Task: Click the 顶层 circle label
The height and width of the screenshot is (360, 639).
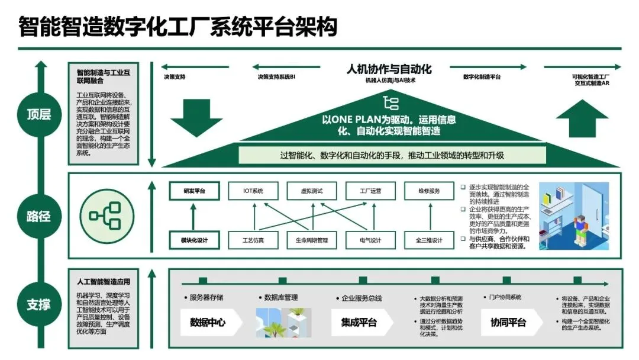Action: click(38, 114)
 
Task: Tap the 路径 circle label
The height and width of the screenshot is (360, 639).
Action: click(38, 216)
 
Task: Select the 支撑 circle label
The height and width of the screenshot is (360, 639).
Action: click(38, 305)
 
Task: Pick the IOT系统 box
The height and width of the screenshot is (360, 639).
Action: click(253, 191)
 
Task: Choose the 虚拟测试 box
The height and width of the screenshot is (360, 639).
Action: click(311, 191)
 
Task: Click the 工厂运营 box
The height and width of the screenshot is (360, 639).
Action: click(370, 191)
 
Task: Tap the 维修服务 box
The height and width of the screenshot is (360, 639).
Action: click(430, 191)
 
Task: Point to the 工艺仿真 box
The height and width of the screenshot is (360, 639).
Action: click(253, 240)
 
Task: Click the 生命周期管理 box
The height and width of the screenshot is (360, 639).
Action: click(311, 240)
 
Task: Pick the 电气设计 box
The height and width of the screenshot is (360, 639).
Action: click(370, 240)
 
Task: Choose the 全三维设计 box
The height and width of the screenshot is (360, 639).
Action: click(430, 240)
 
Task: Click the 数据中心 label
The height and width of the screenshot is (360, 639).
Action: click(208, 323)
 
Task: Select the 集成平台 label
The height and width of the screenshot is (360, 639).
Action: click(359, 323)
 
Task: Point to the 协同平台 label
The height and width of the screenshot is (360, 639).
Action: click(508, 323)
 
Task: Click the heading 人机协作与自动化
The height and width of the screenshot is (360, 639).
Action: click(389, 69)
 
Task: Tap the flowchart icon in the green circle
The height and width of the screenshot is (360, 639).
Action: click(105, 216)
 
